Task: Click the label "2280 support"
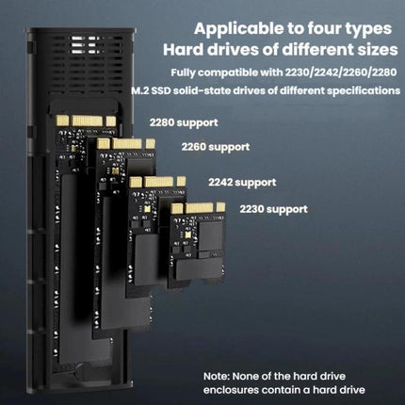click(184, 122)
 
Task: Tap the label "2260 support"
click(216, 147)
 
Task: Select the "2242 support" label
click(242, 182)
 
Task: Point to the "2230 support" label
click(274, 209)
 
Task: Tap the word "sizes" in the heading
click(378, 50)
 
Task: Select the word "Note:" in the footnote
click(217, 376)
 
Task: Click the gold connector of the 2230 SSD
click(198, 208)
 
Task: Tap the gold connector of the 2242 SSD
click(157, 182)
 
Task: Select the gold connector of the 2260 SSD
click(126, 144)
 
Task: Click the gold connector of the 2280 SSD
click(86, 121)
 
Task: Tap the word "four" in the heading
click(324, 28)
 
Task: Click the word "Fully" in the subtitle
click(184, 73)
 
